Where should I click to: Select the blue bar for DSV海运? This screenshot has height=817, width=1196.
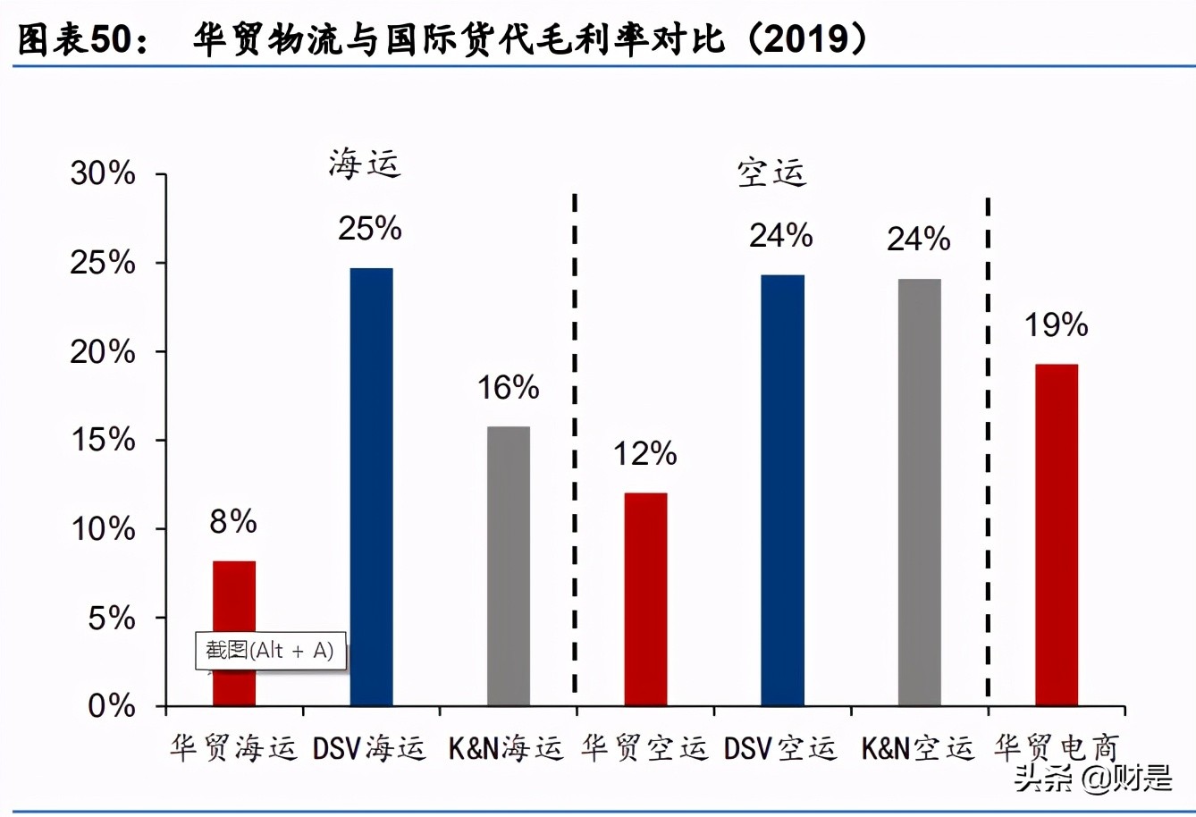pyautogui.click(x=371, y=487)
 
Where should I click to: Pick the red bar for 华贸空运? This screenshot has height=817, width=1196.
pyautogui.click(x=645, y=599)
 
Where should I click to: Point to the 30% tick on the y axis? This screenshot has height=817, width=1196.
pyautogui.click(x=103, y=173)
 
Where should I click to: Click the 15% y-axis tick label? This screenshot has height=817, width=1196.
pyautogui.click(x=103, y=440)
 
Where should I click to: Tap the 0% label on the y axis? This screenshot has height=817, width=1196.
pyautogui.click(x=112, y=706)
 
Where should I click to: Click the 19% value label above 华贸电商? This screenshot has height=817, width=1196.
pyautogui.click(x=1056, y=324)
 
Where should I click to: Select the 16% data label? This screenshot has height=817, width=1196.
pyautogui.click(x=508, y=387)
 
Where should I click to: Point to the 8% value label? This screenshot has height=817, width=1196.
pyautogui.click(x=233, y=521)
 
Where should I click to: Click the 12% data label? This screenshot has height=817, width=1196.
pyautogui.click(x=644, y=454)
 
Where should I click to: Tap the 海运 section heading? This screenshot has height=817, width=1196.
pyautogui.click(x=364, y=164)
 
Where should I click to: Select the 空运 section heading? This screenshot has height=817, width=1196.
pyautogui.click(x=771, y=172)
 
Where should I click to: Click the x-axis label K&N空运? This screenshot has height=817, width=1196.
pyautogui.click(x=918, y=748)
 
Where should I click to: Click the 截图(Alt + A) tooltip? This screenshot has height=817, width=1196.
pyautogui.click(x=270, y=651)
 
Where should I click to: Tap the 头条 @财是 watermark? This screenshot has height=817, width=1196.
pyautogui.click(x=1092, y=778)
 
